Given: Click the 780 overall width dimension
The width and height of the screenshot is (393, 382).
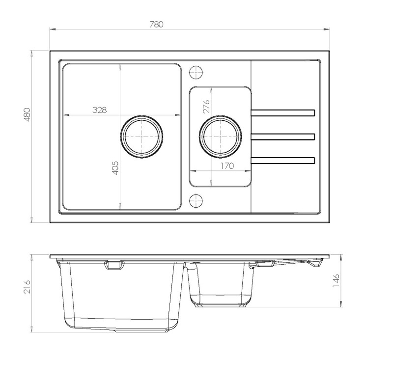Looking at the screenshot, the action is pos(156,24).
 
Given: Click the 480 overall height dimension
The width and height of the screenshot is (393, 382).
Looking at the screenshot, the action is pos(27,114).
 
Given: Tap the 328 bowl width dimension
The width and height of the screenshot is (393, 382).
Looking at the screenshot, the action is pos(100,109).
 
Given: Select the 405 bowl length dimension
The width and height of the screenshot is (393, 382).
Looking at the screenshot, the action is pos(114,168).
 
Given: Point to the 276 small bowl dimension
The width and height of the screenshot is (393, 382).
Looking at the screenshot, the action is pos(206,106).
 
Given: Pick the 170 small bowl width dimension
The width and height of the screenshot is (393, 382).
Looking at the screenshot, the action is pos(227,166).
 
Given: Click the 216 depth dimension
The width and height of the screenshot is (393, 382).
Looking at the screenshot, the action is pos(27,287).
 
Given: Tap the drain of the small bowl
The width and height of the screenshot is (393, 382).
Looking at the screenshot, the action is pos(221,137).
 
